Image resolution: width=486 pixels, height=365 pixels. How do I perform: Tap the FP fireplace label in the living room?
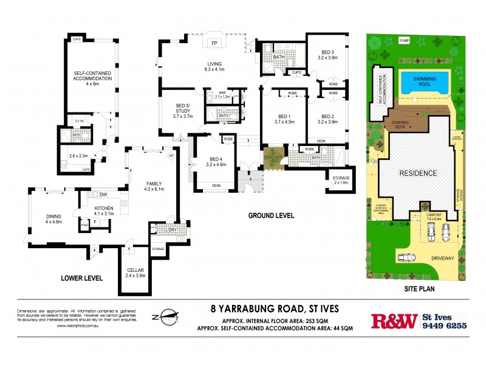tap(214, 44)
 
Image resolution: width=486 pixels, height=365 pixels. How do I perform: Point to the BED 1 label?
tap(285, 116)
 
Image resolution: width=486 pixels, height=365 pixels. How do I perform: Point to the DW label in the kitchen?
tap(103, 195)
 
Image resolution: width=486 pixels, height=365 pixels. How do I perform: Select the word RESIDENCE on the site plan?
tap(417, 173)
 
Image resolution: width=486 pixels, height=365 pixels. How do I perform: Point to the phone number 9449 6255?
tap(444, 325)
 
